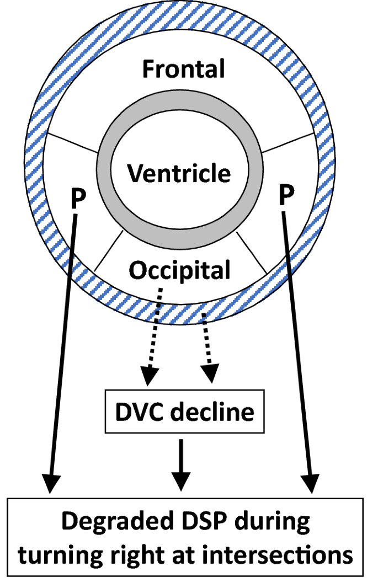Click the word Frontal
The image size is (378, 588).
(183, 70)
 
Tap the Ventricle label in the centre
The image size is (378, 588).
(179, 174)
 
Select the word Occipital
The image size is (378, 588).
(180, 270)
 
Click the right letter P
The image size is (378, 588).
(285, 195)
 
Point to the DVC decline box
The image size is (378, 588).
(185, 412)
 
